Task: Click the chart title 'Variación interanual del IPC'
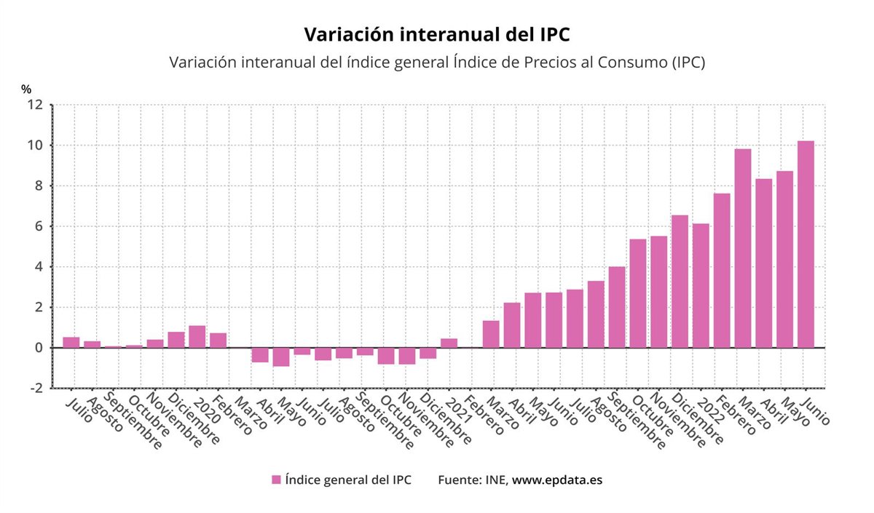point(436,35)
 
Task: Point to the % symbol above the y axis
point(26,89)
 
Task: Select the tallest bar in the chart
point(806,244)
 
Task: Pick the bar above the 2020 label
point(197,336)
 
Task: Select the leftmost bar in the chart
point(71,342)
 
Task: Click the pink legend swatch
point(276,480)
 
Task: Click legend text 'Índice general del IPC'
point(348,480)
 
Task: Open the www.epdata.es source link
point(557,480)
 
